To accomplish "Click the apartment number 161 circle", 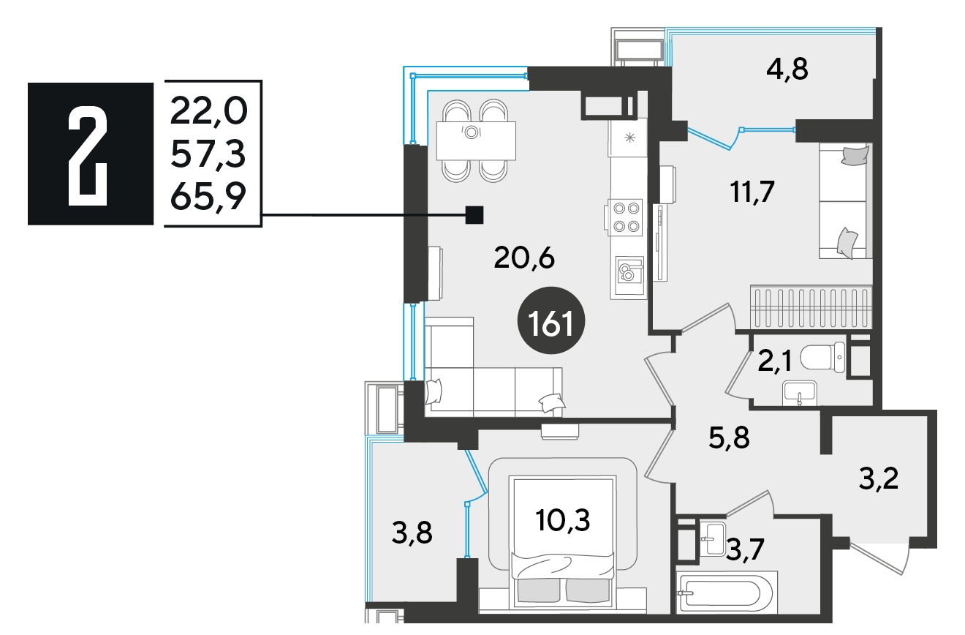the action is point(551,320).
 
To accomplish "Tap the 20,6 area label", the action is point(524,258).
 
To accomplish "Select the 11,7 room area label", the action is point(752,192).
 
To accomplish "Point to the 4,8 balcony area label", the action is point(787,69).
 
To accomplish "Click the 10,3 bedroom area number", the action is point(563,520).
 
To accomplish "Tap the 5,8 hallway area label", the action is point(729,437).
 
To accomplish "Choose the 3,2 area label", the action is point(879,479).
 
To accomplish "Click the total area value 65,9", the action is point(208,197).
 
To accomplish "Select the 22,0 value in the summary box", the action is point(209,110).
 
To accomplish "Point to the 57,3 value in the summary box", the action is point(208,154).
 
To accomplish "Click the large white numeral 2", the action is point(88,154).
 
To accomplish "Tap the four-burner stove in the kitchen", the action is point(626,218).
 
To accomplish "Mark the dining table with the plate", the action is point(476,141).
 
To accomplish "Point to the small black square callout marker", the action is point(474,214).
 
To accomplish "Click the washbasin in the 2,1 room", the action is point(800,392).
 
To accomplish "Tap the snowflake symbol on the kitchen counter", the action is point(630,138).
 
